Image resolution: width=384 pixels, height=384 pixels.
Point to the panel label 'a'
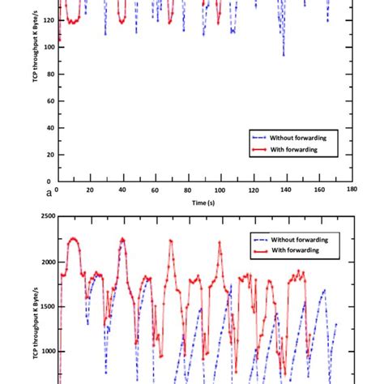point(49,193)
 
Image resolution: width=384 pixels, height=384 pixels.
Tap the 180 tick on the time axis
point(351,190)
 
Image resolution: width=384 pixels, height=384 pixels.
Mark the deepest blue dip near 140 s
point(284,55)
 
